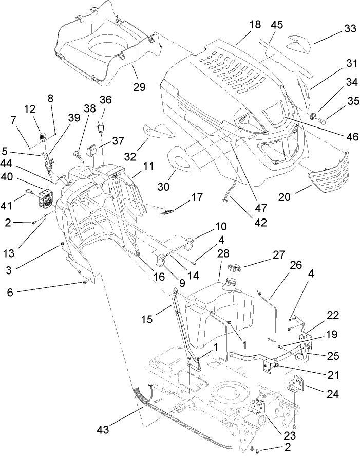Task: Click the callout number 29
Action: tap(139, 87)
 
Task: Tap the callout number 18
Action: tap(255, 25)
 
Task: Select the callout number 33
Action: tap(350, 29)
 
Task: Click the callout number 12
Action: tap(29, 109)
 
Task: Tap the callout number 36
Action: tap(105, 99)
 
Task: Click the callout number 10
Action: tap(220, 227)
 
